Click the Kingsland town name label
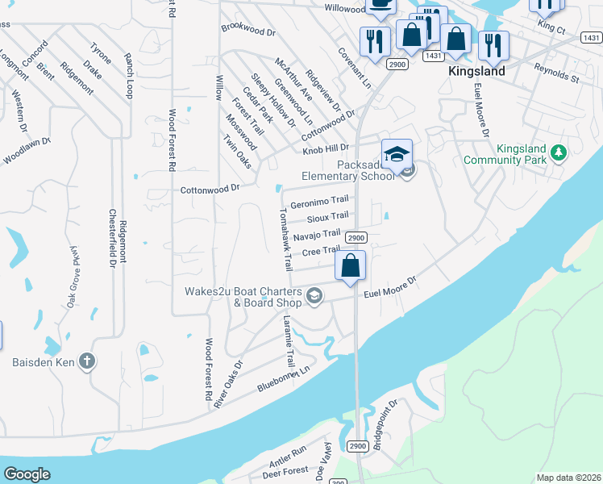476,71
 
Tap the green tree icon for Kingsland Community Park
558,152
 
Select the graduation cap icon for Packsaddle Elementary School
397,152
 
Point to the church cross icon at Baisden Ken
87,362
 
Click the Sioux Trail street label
327,217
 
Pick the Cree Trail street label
322,252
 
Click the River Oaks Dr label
227,384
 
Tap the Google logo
27,474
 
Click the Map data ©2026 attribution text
568,478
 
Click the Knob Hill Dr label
325,149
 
